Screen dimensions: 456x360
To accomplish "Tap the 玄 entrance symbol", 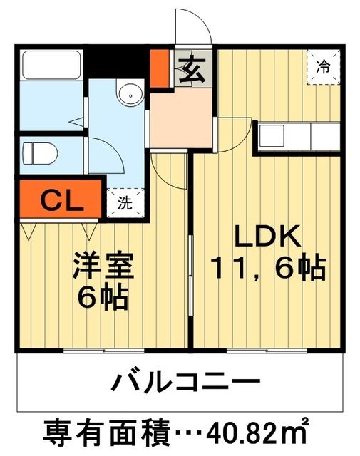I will [191, 70].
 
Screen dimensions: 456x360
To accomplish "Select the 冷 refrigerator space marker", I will [324, 68].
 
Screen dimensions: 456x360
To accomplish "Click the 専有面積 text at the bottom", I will [107, 432].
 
